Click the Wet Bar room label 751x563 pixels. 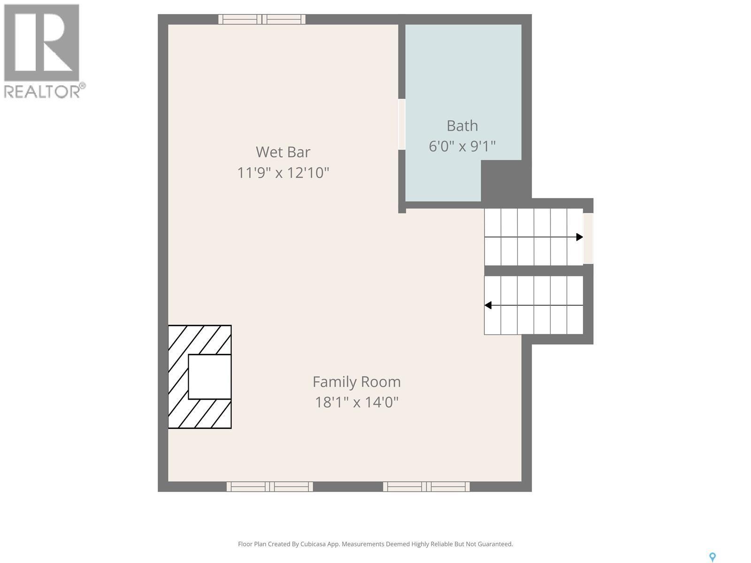[x=283, y=152]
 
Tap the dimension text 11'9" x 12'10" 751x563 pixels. [x=283, y=173]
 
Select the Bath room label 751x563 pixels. [x=462, y=126]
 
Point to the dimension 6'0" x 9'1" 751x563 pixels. [x=462, y=146]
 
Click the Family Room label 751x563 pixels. [x=357, y=382]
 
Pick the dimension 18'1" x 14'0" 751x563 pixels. [x=357, y=402]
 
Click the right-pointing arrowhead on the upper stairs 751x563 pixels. [x=580, y=237]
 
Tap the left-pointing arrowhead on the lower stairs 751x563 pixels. [x=488, y=305]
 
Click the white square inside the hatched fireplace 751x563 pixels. [x=209, y=377]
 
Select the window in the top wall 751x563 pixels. [x=262, y=19]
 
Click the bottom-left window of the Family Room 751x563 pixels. [x=269, y=487]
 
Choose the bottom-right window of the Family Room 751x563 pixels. [x=426, y=487]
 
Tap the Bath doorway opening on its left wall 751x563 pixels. [x=402, y=124]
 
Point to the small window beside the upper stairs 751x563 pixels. [x=588, y=238]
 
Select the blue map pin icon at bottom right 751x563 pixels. [x=712, y=557]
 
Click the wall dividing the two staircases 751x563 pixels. [x=534, y=270]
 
